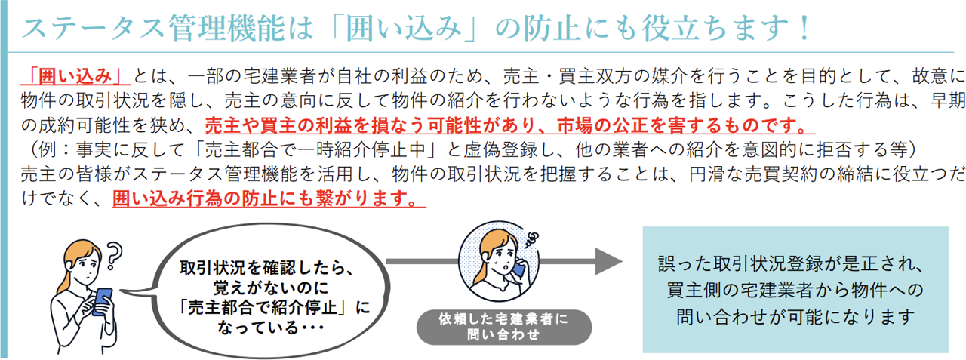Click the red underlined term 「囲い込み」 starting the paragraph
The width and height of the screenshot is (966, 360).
point(75,76)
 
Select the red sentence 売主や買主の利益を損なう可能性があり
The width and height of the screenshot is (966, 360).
point(371,125)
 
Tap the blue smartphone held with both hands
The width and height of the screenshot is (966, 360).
point(103,301)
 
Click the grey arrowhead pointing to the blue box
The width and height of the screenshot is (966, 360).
point(608,261)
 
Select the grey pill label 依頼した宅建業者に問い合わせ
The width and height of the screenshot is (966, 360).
point(503,327)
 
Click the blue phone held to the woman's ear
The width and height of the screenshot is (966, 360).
point(517,270)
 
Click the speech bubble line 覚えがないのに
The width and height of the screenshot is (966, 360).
point(270,288)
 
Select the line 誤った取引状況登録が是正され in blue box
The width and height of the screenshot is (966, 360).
point(790,264)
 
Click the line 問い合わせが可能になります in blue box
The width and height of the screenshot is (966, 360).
point(795,317)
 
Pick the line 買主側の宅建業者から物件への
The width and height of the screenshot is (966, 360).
point(795,290)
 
